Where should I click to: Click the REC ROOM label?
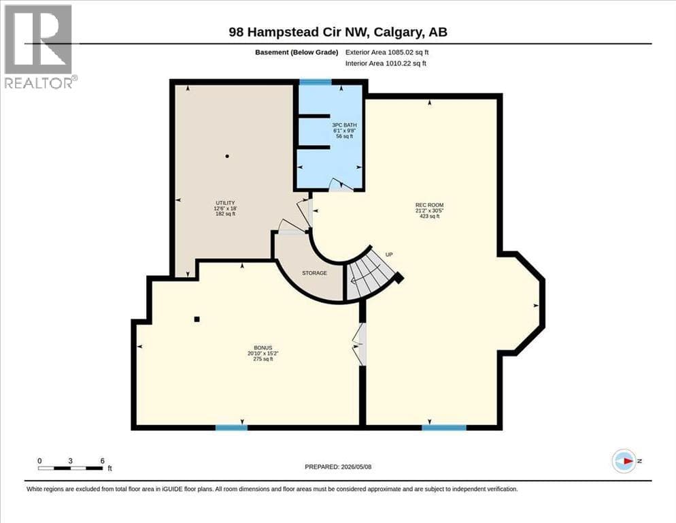pyautogui.click(x=429, y=205)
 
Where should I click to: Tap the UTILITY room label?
pyautogui.click(x=225, y=203)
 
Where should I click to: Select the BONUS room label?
pyautogui.click(x=263, y=348)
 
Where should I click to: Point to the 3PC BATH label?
pyautogui.click(x=345, y=125)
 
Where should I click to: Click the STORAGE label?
pyautogui.click(x=314, y=273)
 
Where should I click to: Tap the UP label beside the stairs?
pyautogui.click(x=389, y=255)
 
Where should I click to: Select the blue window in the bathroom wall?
pyautogui.click(x=316, y=82)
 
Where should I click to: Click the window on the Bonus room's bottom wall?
pyautogui.click(x=231, y=428)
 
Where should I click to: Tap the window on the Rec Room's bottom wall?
pyautogui.click(x=444, y=428)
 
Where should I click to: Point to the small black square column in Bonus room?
pyautogui.click(x=197, y=319)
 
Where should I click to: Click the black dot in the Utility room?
pyautogui.click(x=227, y=156)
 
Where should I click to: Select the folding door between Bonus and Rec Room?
pyautogui.click(x=358, y=344)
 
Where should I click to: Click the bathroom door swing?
pyautogui.click(x=341, y=185)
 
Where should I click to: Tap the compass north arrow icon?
pyautogui.click(x=624, y=461)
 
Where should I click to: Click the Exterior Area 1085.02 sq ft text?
pyautogui.click(x=387, y=52)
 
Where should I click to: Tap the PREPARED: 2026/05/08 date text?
pyautogui.click(x=338, y=467)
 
